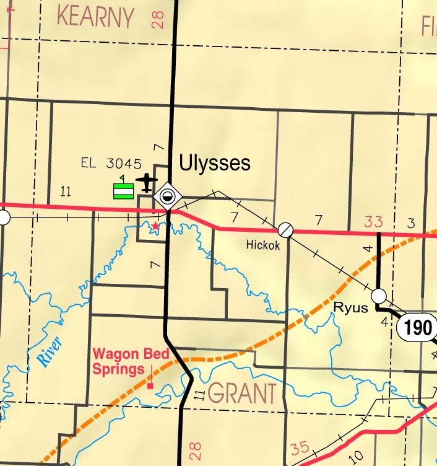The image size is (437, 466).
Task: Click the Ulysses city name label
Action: click(214, 163)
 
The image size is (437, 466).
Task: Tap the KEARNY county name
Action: click(95, 17)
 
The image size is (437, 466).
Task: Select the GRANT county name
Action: click(242, 393)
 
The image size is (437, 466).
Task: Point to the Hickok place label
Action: click(263, 245)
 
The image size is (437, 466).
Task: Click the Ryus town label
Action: click(350, 307)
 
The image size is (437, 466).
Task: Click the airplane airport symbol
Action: click(147, 182)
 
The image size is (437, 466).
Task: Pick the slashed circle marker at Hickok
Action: click(285, 230)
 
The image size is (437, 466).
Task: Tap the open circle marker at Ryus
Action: click(379, 295)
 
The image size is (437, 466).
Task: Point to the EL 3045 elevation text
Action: click(111, 164)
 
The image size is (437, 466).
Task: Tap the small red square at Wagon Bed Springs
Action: click(150, 385)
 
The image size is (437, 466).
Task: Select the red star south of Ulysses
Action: click(155, 227)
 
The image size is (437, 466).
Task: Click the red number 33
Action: click(373, 221)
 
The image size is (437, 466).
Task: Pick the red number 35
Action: click(300, 448)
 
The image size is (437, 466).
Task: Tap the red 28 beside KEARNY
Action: click(156, 18)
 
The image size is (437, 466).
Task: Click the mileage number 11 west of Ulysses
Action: click(66, 191)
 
